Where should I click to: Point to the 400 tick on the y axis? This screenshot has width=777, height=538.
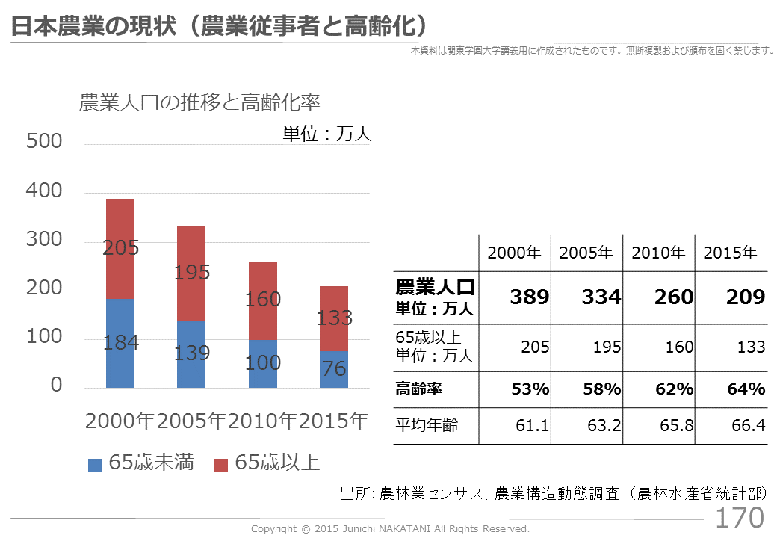tap(44, 191)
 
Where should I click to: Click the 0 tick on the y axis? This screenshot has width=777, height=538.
tap(56, 386)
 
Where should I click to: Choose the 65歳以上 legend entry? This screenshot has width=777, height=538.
tap(267, 463)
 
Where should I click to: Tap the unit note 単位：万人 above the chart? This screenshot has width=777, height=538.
tap(326, 134)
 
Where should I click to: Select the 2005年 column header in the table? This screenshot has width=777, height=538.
tap(586, 253)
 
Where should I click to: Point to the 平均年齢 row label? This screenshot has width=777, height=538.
tap(427, 426)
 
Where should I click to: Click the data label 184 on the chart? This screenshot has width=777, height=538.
tap(120, 344)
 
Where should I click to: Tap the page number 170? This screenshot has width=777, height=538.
tap(740, 517)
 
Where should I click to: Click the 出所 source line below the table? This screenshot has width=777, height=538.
tap(554, 494)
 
